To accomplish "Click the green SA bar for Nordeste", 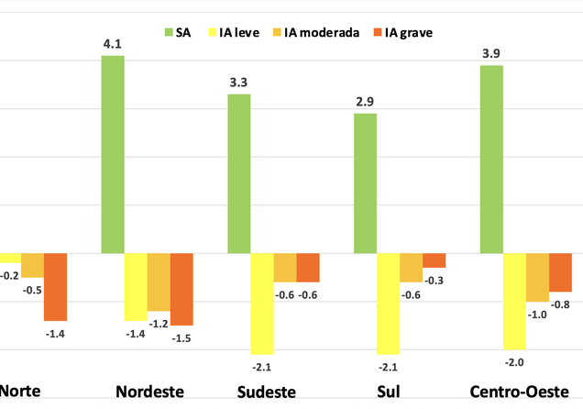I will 113,154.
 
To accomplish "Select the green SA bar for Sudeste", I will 239,173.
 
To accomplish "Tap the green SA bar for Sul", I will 366,182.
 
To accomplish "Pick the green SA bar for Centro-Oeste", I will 492,159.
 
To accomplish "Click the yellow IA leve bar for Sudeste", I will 262,304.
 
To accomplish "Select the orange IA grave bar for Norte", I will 55,287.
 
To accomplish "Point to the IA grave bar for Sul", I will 434,260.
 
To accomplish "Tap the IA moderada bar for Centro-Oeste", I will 537,277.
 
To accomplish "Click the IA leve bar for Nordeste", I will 136,287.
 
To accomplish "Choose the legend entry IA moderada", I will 324,34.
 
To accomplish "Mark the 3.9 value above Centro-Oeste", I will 492,50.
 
